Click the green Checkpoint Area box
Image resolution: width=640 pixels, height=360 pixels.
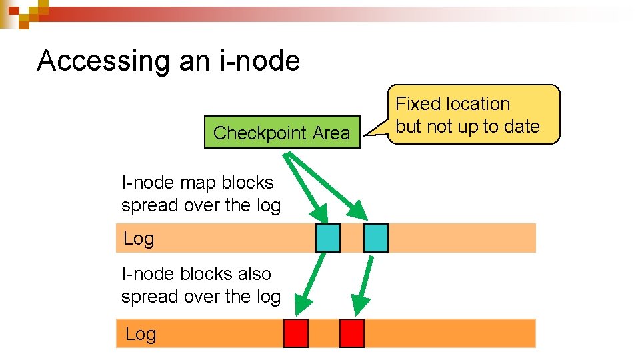pos(281,133)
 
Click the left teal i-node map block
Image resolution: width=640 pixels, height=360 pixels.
pos(327,238)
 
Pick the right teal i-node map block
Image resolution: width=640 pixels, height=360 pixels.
pos(375,238)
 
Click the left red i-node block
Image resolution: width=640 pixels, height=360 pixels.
pos(296,333)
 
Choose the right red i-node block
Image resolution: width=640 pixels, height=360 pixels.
pos(351,333)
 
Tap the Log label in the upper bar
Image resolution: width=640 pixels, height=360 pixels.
pos(139,239)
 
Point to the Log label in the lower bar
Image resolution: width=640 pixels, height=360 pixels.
pos(140,334)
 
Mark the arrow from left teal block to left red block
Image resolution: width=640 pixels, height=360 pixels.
pos(311,283)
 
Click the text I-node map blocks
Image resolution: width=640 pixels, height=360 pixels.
pos(197,183)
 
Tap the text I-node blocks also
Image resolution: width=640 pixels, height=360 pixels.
pos(196,274)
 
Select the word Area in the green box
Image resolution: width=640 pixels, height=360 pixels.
pos(331,133)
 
